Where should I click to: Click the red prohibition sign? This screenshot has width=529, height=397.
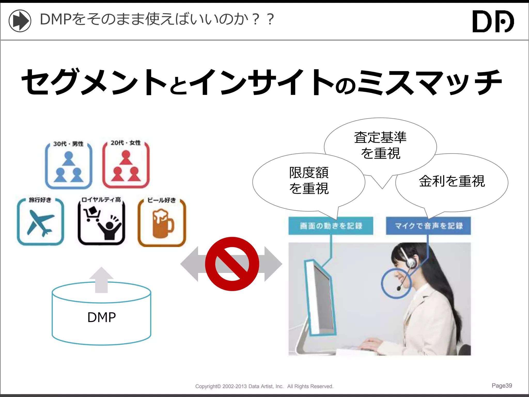tap(232, 264)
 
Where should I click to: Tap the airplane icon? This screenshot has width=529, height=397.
tap(41, 223)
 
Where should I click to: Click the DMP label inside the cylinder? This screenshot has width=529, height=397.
tap(102, 317)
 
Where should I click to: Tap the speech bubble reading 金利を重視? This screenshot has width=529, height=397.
tap(452, 181)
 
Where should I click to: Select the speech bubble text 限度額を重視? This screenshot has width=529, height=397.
tap(309, 180)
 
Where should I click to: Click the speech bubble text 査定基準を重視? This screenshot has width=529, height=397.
tap(380, 145)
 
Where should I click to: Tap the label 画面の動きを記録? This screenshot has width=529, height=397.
tap(331, 226)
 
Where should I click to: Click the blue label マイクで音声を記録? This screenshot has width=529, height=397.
tap(428, 226)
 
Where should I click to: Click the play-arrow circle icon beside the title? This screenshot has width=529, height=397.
tap(20, 21)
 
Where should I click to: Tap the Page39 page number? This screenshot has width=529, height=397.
tap(502, 386)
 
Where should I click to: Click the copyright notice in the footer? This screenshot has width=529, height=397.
tap(264, 386)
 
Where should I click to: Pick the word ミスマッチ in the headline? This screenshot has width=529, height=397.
tap(430, 82)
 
